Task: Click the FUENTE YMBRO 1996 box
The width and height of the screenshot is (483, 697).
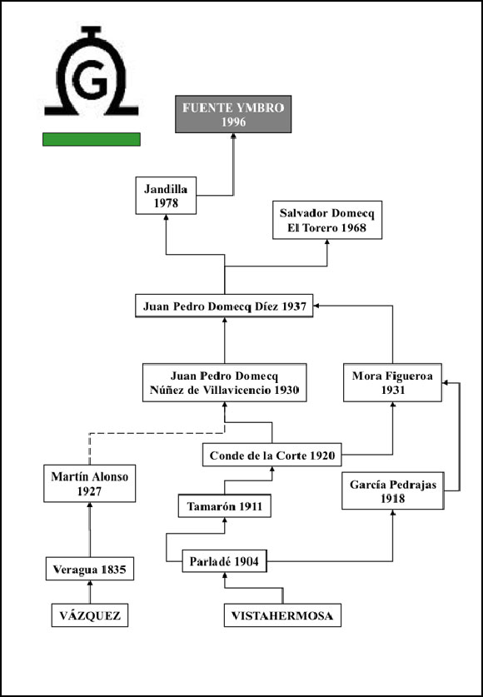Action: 233,114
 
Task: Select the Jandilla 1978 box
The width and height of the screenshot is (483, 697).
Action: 166,196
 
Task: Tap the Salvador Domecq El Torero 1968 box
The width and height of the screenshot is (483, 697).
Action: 327,220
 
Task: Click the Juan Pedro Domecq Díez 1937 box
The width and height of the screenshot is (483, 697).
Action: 224,306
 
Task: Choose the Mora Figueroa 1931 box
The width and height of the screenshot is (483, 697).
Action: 392,383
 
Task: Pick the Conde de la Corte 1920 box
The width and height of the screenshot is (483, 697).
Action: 272,455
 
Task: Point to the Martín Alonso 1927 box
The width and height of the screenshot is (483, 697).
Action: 90,484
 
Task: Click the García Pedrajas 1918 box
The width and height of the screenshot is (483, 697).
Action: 393,490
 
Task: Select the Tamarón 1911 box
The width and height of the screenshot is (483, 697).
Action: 224,505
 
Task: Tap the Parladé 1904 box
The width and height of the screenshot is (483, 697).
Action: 224,561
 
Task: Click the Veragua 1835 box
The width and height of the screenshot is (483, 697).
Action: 90,569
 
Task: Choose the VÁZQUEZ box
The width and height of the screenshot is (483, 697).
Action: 90,615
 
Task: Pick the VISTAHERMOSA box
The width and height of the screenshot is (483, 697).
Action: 282,615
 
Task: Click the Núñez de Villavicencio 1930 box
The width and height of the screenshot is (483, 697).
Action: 224,383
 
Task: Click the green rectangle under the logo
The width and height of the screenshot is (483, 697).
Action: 92,139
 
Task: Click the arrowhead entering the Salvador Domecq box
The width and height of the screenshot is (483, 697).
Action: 327,242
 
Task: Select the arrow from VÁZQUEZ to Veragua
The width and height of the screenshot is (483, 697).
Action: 90,591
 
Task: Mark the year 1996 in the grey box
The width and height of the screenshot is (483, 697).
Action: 233,122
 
